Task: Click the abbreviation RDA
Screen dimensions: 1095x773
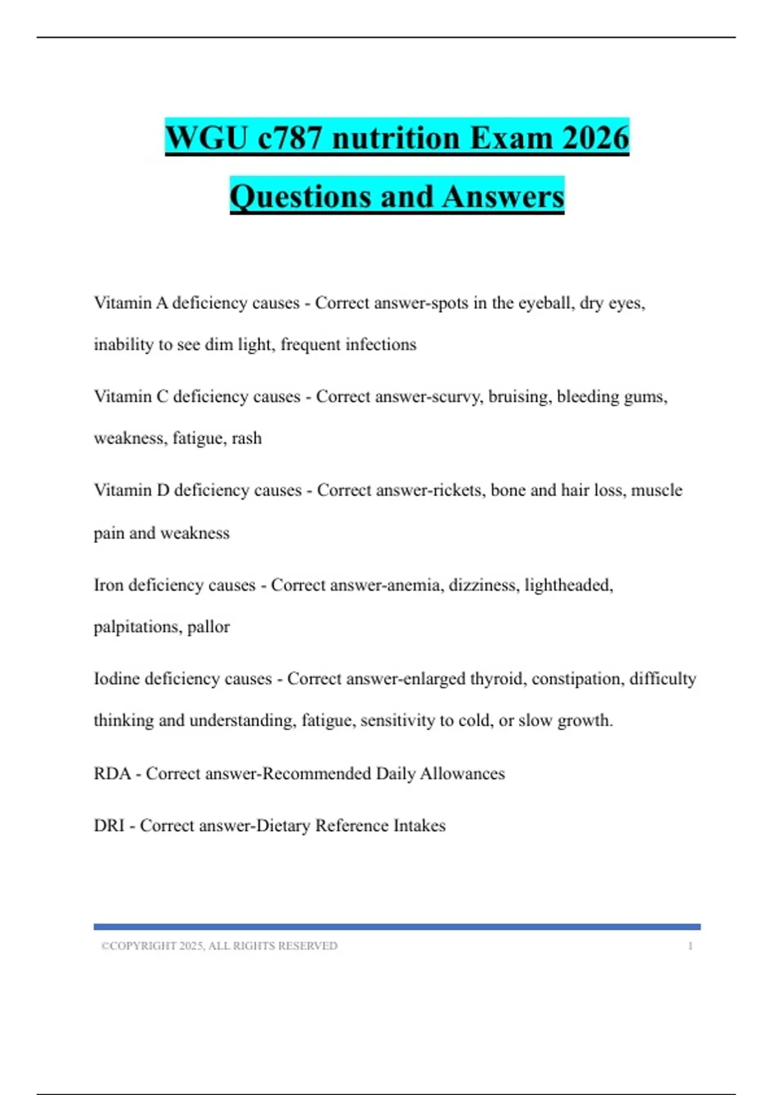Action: (112, 773)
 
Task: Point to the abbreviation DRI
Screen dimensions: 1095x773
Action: (109, 825)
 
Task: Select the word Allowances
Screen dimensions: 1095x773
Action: (463, 773)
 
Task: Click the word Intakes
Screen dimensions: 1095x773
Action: (419, 825)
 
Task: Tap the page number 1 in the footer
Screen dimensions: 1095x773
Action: (691, 946)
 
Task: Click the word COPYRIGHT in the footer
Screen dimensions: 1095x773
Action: (142, 946)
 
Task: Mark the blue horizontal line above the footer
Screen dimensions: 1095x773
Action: (397, 927)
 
